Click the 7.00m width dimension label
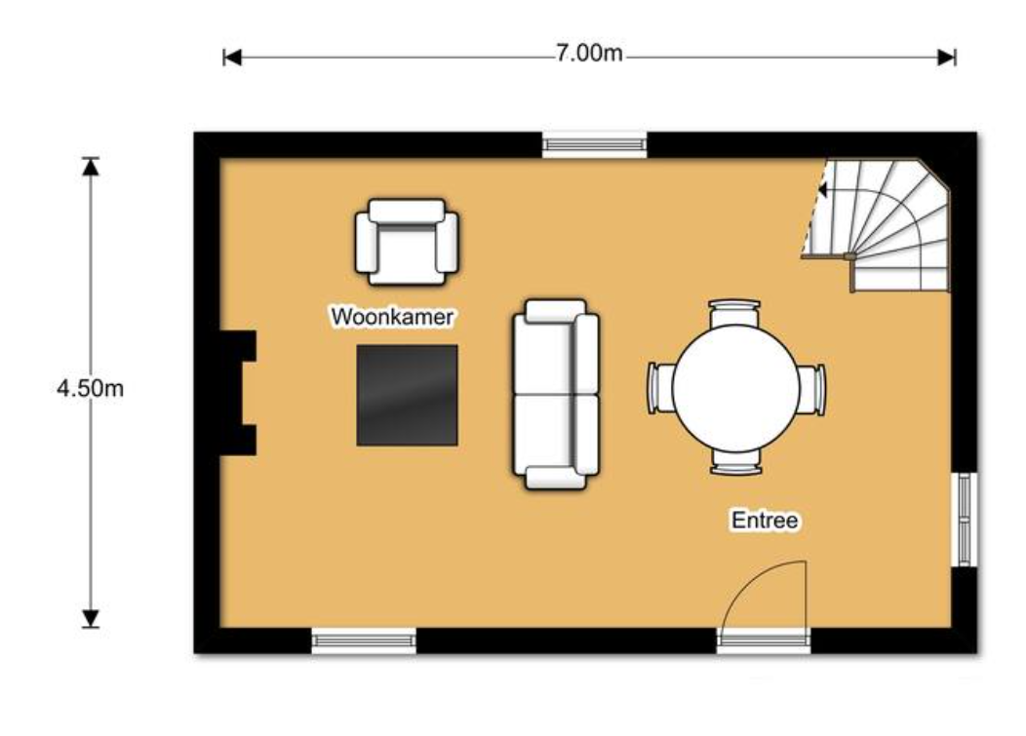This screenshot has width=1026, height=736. tap(589, 53)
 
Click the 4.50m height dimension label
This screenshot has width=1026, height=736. tap(91, 389)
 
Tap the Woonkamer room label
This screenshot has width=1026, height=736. tap(393, 317)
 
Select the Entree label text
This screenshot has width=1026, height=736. tap(765, 521)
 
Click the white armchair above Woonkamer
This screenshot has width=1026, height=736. tap(407, 242)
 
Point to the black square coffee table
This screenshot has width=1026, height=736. tap(407, 395)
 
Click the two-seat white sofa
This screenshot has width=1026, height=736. tap(556, 394)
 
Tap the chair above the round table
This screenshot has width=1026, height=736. tap(735, 312)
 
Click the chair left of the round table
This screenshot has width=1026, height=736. tap(661, 389)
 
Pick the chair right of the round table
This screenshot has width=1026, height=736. tap(811, 389)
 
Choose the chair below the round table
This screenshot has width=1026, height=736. tap(736, 462)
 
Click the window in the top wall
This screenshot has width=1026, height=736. tap(595, 144)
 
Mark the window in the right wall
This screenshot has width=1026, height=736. tap(965, 520)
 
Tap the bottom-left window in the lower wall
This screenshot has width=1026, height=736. tap(364, 640)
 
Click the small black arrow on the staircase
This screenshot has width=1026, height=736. tap(822, 190)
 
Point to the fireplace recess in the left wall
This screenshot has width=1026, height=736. tap(238, 393)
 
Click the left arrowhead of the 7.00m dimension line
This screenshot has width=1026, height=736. tap(232, 58)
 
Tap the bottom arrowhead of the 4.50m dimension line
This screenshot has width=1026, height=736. tap(91, 618)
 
